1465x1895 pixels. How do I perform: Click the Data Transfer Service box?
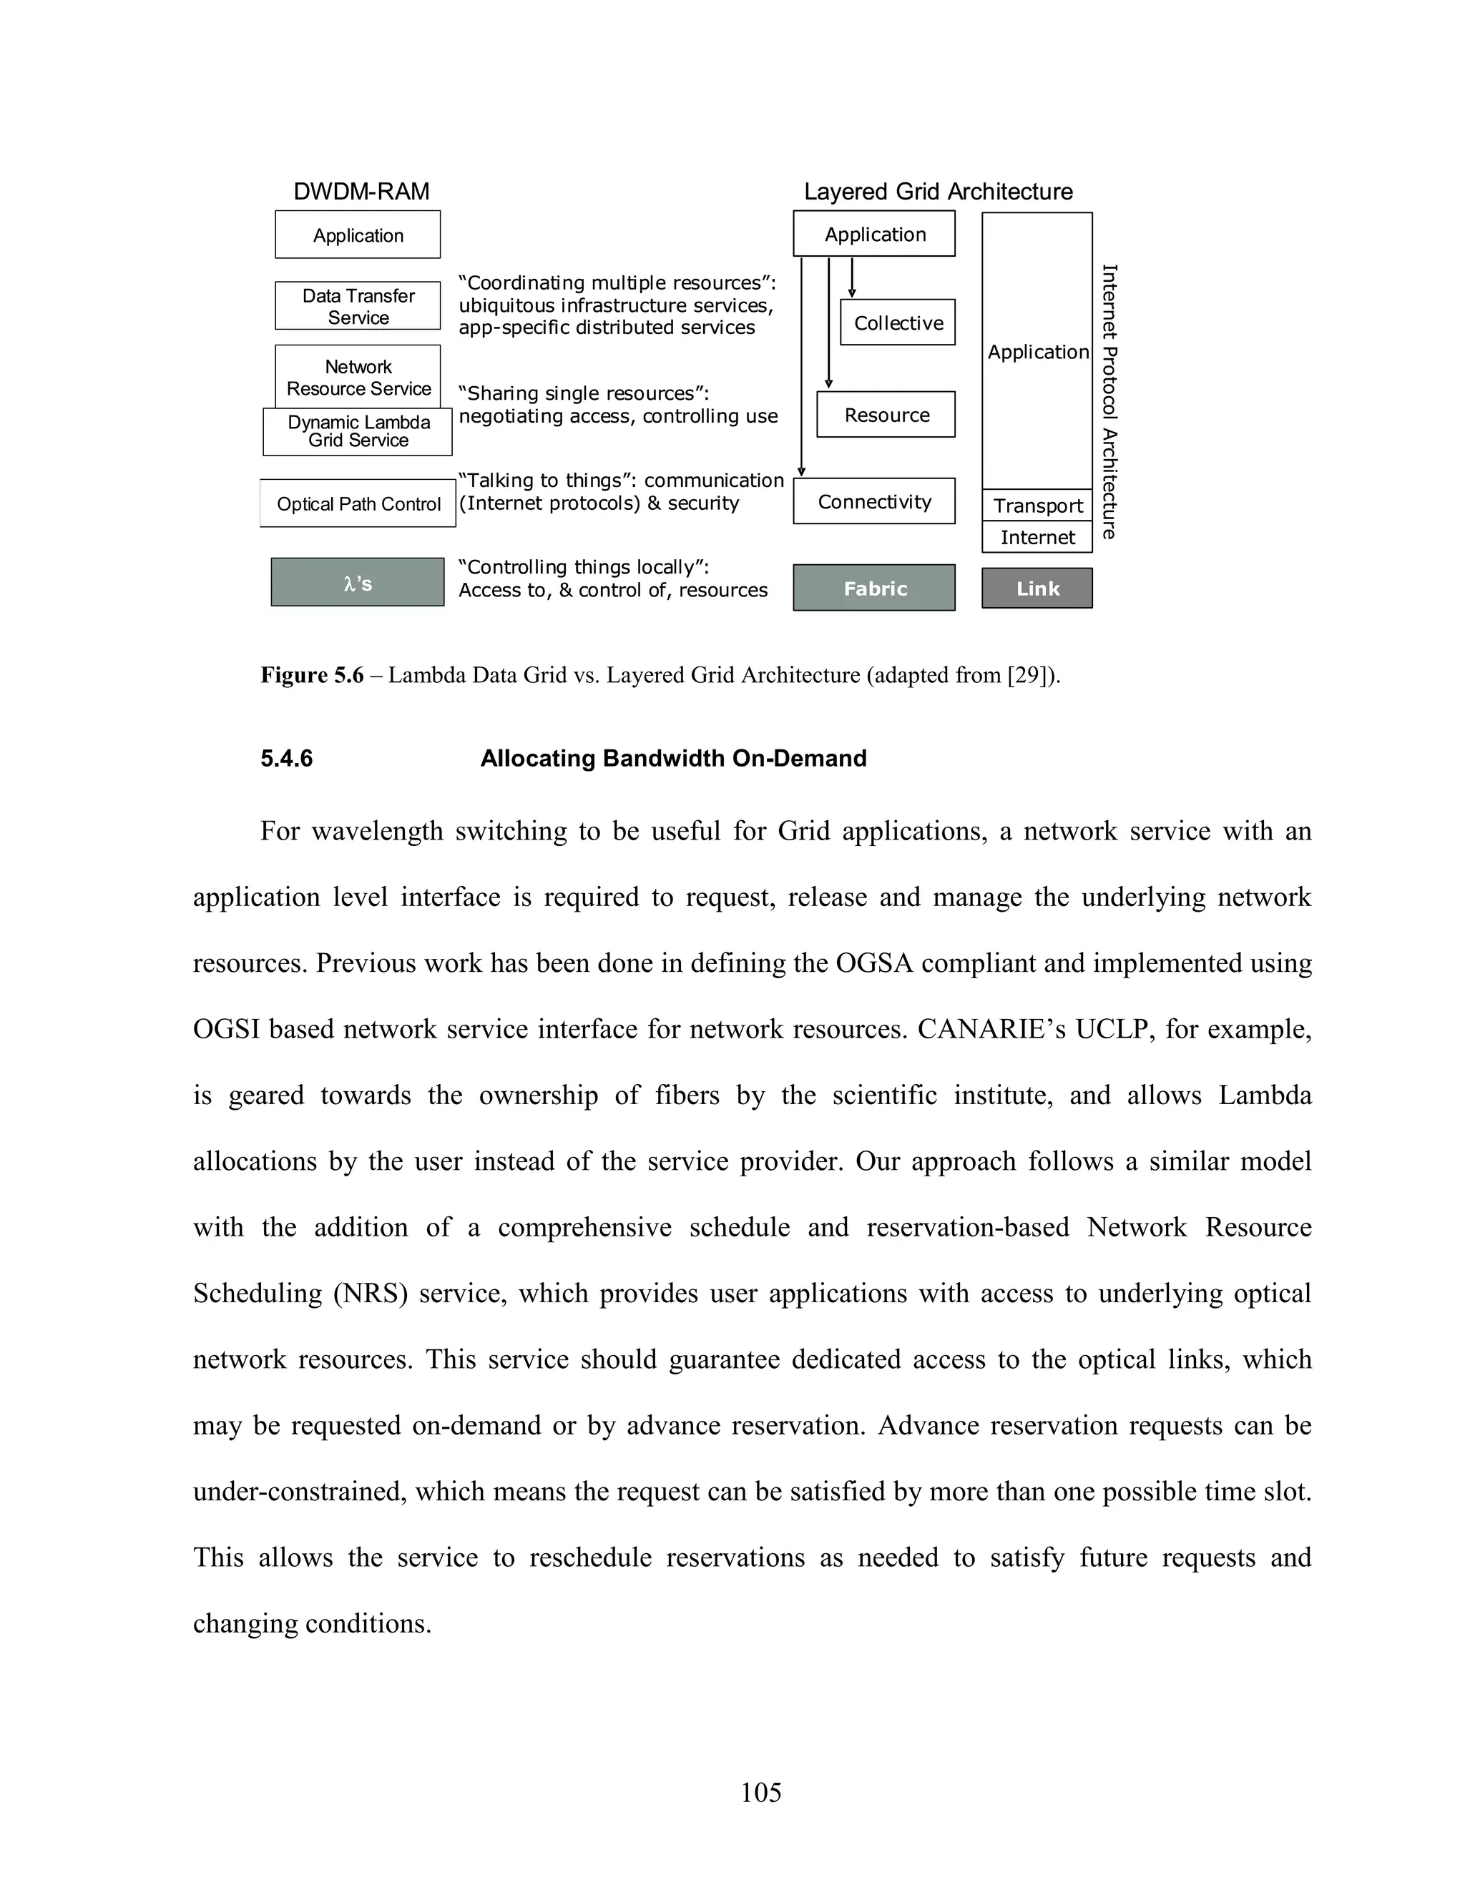click(x=358, y=306)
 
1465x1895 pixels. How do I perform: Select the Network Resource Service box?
click(x=358, y=377)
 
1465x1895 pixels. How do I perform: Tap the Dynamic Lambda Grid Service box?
click(x=358, y=432)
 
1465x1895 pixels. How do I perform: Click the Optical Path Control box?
click(x=358, y=504)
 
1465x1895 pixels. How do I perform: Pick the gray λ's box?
click(x=358, y=582)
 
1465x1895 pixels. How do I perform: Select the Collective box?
click(x=898, y=323)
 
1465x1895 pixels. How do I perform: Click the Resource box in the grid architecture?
click(x=886, y=415)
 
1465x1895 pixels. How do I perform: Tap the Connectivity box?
click(x=874, y=501)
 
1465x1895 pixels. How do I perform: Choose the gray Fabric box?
click(x=874, y=589)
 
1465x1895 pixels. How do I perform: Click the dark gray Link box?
click(x=1037, y=589)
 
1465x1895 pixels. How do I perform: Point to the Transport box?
click(x=1037, y=505)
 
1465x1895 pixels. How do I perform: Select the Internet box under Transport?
click(x=1037, y=537)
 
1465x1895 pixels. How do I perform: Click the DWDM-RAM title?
click(x=361, y=192)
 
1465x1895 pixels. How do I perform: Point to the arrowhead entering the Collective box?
click(x=852, y=293)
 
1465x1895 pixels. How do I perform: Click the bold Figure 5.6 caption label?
click(x=312, y=675)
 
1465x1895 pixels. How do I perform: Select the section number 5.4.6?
click(x=286, y=758)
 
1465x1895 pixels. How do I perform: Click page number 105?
click(x=760, y=1792)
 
